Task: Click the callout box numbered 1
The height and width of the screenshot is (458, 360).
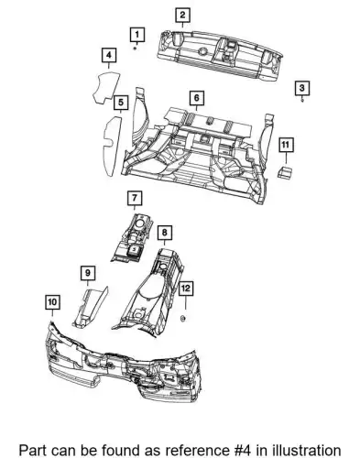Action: [x=137, y=35]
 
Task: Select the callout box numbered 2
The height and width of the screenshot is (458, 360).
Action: [x=182, y=15]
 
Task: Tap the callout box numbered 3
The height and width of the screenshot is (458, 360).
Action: [x=302, y=88]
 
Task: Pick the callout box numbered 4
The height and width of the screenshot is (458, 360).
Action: [x=109, y=55]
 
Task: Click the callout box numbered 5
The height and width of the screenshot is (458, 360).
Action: [x=121, y=102]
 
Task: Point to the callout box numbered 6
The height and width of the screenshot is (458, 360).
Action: [x=196, y=98]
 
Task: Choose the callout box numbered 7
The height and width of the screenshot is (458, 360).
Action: [x=135, y=198]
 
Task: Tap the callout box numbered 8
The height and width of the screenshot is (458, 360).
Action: [x=165, y=233]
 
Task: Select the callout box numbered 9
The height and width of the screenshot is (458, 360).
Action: [x=88, y=273]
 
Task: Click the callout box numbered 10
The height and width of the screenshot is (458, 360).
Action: [x=52, y=302]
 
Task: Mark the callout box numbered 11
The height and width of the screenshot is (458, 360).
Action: [x=286, y=145]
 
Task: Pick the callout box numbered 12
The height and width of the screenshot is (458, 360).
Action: [x=186, y=288]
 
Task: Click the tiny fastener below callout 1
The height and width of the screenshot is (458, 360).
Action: [x=136, y=49]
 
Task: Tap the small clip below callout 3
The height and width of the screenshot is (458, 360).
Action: [x=302, y=100]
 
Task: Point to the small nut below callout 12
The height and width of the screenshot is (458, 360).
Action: [x=183, y=319]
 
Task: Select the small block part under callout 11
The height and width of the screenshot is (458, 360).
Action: [x=284, y=172]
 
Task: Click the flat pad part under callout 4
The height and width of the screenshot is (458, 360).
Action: [x=106, y=87]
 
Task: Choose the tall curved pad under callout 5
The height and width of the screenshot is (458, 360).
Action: [x=112, y=146]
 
